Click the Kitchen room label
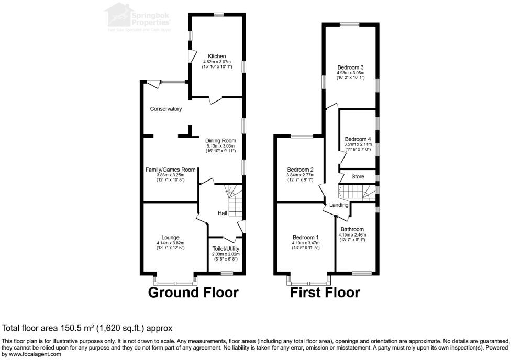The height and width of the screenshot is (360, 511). click(x=217, y=56)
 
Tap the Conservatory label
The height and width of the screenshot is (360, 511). click(x=165, y=109)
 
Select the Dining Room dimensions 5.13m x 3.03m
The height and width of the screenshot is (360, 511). click(x=220, y=146)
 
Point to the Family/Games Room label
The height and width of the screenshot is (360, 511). click(x=171, y=170)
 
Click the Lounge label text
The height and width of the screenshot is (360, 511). click(x=170, y=237)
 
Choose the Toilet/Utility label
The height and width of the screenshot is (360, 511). click(x=226, y=249)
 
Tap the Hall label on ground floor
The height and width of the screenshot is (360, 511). click(x=223, y=213)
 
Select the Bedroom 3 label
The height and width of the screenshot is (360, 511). click(x=350, y=67)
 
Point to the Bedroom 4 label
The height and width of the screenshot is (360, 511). click(x=358, y=139)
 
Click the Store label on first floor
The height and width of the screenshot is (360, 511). click(x=358, y=177)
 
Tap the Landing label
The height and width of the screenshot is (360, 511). click(x=339, y=205)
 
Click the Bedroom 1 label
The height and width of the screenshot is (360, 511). click(x=306, y=237)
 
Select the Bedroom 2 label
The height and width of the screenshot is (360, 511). click(x=301, y=170)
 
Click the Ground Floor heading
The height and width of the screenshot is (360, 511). click(x=193, y=292)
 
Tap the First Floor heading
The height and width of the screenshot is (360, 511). click(x=325, y=292)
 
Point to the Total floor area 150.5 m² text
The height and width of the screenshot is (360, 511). click(x=87, y=328)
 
